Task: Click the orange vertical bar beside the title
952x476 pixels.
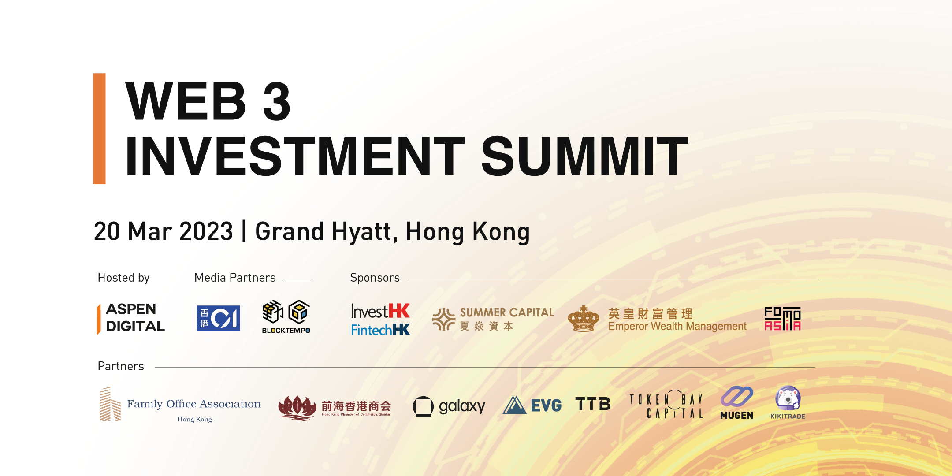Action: (x=99, y=128)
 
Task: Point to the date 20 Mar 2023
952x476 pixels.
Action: (x=164, y=231)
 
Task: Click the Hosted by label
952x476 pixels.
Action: (x=124, y=278)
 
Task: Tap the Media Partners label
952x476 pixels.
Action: (x=235, y=278)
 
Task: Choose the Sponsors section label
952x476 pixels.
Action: (x=375, y=278)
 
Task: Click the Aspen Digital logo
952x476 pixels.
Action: (x=131, y=318)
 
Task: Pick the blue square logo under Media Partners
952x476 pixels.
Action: (x=219, y=318)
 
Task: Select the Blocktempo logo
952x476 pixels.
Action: (x=286, y=317)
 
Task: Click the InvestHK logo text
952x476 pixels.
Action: (x=380, y=311)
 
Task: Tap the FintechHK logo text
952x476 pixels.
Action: (x=380, y=330)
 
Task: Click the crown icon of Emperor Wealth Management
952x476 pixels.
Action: (x=584, y=319)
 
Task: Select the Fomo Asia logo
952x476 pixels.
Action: (x=782, y=319)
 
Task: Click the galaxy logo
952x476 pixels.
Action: (x=449, y=406)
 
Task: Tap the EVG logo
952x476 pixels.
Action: (x=532, y=405)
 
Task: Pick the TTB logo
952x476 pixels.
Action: (x=593, y=404)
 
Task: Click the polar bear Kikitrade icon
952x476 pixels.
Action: (x=788, y=398)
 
